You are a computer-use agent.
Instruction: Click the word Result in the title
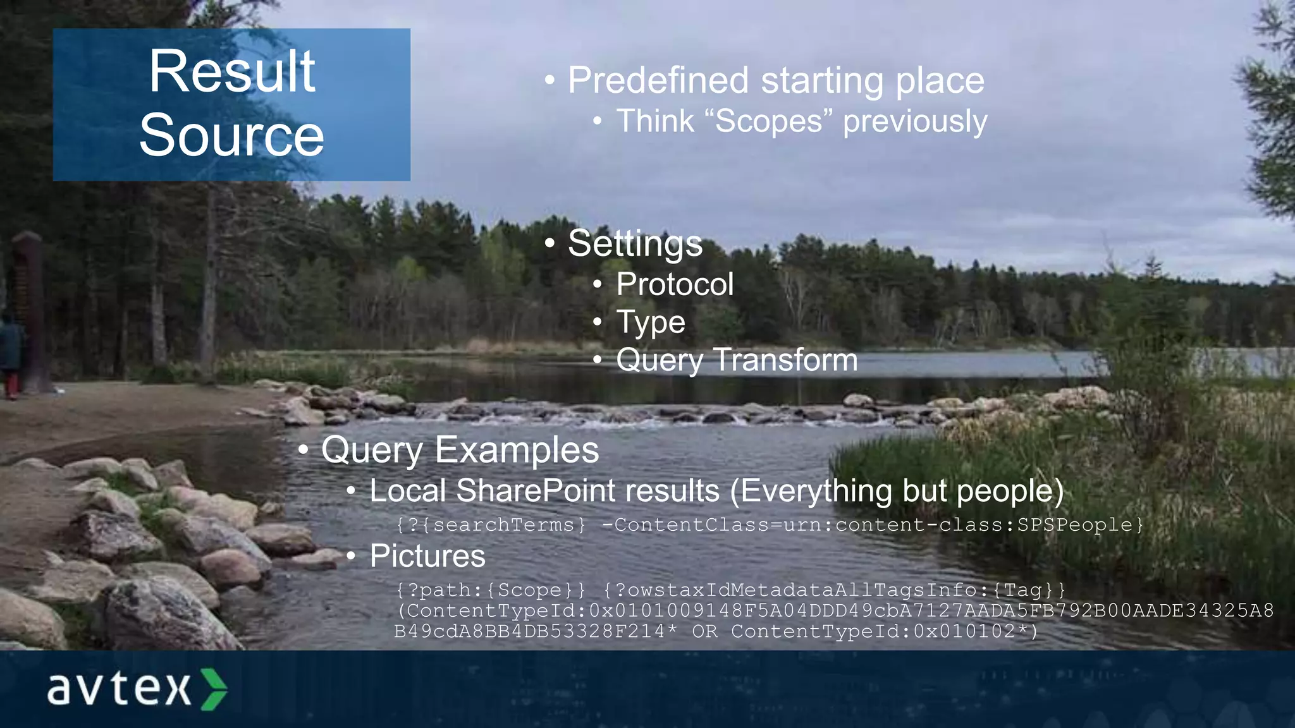tap(231, 72)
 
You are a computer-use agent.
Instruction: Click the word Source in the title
tap(231, 135)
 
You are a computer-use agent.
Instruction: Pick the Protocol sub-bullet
tap(675, 284)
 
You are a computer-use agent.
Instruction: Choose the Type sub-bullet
tap(650, 322)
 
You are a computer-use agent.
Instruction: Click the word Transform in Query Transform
tap(785, 360)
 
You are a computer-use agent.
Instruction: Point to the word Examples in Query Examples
tap(517, 450)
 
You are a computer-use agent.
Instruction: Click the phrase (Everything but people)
tap(897, 491)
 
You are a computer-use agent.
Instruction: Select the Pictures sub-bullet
tap(427, 556)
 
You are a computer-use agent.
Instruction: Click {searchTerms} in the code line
tap(503, 525)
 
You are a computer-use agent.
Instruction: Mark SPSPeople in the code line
tap(1074, 525)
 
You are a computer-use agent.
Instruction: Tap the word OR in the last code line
tap(704, 631)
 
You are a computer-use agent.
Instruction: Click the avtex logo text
tap(119, 688)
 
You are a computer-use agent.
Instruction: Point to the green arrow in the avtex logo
tap(214, 688)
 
